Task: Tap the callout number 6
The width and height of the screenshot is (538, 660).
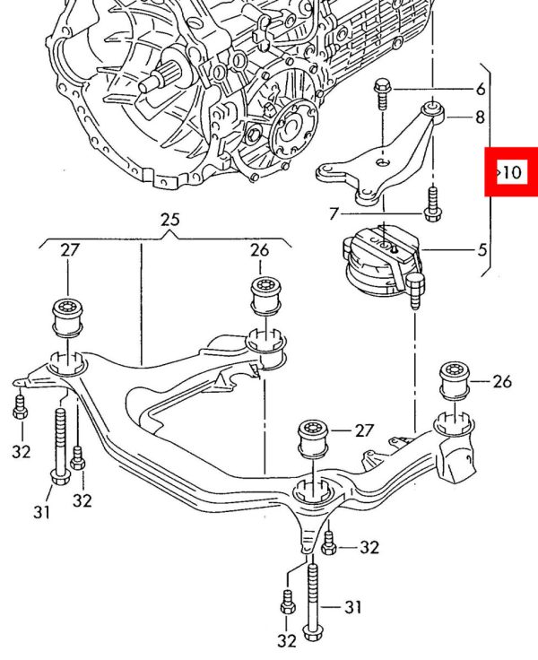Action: click(x=481, y=89)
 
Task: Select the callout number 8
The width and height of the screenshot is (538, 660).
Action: click(x=481, y=117)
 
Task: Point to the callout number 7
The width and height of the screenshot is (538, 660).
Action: click(x=334, y=214)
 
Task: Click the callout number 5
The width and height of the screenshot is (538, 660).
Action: click(x=483, y=249)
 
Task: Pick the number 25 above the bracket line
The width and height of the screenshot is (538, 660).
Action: click(x=170, y=220)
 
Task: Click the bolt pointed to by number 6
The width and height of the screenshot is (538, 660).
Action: click(x=382, y=91)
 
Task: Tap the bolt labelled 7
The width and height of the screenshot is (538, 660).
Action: click(x=433, y=203)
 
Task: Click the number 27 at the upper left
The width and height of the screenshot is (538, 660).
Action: click(x=70, y=250)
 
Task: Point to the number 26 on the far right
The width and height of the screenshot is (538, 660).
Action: click(x=501, y=382)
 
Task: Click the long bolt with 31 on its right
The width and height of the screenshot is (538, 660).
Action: click(x=312, y=598)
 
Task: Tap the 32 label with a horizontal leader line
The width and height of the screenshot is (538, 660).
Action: click(x=369, y=546)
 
